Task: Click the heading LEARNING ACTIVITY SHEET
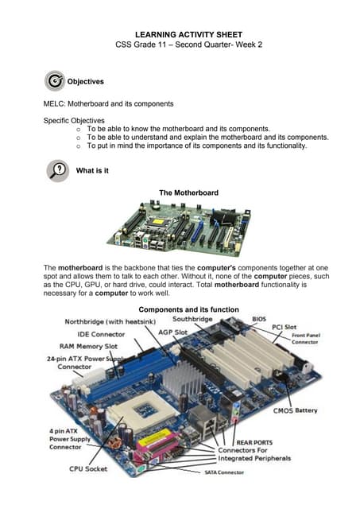pyautogui.click(x=180, y=35)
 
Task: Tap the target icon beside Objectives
pyautogui.click(x=55, y=80)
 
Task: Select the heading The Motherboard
pyautogui.click(x=188, y=192)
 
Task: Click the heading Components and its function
pyautogui.click(x=188, y=309)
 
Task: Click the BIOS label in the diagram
pyautogui.click(x=259, y=319)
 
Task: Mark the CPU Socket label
pyautogui.click(x=87, y=469)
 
